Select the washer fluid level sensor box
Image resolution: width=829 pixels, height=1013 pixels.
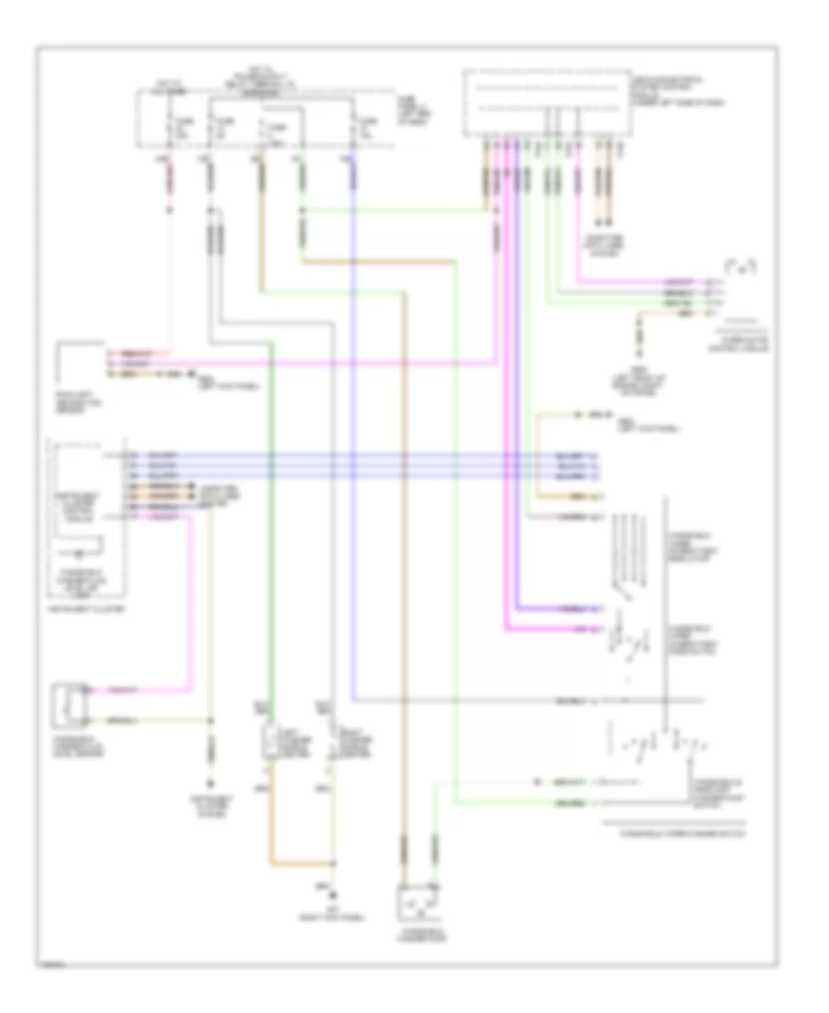70,704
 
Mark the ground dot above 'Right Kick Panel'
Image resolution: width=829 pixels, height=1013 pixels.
333,893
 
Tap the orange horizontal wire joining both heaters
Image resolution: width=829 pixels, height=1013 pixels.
301,865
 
